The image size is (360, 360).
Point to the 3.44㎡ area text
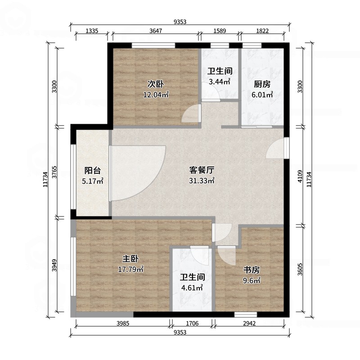pos(220,82)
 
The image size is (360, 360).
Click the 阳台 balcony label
pos(93,171)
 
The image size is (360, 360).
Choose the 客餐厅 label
pos(201,170)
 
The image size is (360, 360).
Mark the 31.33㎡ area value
pos(201,181)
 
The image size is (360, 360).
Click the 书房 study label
pos(252,270)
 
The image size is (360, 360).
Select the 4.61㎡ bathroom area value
pos(192,288)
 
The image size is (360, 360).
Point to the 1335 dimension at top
pos(92,31)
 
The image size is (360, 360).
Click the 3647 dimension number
pos(156,31)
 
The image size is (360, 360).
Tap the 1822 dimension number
pos(262,31)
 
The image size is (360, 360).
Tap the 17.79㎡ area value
pos(130,270)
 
